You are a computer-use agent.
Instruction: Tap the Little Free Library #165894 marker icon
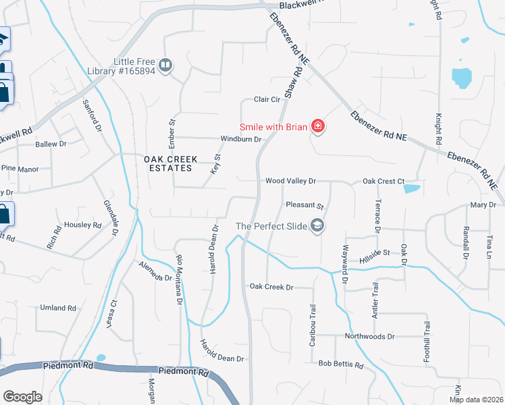click(165, 65)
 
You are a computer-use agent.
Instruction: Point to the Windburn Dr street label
click(240, 140)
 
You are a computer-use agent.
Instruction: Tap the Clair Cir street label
click(266, 99)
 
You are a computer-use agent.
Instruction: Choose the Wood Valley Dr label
click(290, 181)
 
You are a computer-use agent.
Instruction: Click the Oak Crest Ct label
click(383, 181)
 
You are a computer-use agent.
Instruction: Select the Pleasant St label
click(305, 206)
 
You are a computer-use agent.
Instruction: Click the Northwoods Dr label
click(369, 336)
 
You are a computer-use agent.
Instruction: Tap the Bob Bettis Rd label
click(341, 364)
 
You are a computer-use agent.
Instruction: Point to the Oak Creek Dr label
click(271, 287)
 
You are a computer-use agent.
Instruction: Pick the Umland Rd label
click(57, 308)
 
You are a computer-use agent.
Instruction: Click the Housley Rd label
click(82, 225)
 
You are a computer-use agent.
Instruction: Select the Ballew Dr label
click(51, 144)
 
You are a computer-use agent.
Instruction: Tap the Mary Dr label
click(483, 205)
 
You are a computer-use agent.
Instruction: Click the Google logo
click(22, 397)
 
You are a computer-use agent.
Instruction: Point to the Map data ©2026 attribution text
click(475, 400)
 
